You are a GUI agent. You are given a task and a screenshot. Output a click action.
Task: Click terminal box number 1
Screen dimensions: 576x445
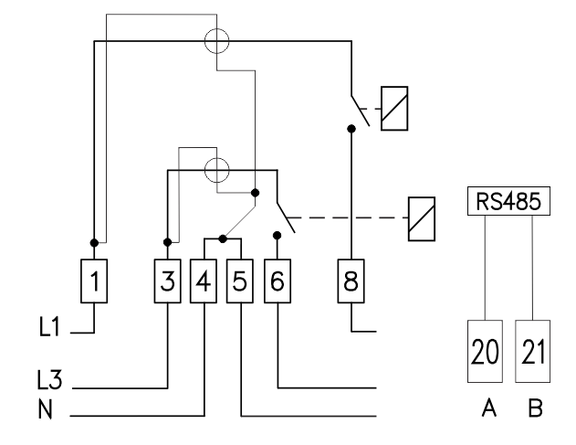pyautogui.click(x=94, y=281)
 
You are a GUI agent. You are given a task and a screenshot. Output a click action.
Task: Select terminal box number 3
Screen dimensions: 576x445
pyautogui.click(x=168, y=281)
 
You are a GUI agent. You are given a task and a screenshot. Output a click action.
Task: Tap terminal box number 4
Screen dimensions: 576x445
pyautogui.click(x=204, y=281)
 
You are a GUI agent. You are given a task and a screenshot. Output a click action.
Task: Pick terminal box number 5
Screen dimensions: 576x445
pyautogui.click(x=240, y=281)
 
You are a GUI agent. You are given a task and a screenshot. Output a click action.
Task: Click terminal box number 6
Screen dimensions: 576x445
pyautogui.click(x=278, y=281)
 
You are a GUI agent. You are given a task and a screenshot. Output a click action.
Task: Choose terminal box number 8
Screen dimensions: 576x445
pyautogui.click(x=351, y=281)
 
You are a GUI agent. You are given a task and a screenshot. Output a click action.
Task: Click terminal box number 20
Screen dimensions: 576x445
pyautogui.click(x=485, y=351)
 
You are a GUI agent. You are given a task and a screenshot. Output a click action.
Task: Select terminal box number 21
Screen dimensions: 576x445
pyautogui.click(x=533, y=351)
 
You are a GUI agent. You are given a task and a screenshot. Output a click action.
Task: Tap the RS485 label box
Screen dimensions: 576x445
pyautogui.click(x=508, y=201)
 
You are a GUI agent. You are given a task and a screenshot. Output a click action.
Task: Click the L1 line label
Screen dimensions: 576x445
pyautogui.click(x=49, y=326)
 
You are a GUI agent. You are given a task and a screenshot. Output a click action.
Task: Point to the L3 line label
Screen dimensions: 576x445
pyautogui.click(x=49, y=379)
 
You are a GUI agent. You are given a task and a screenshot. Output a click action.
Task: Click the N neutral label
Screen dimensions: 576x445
pyautogui.click(x=45, y=409)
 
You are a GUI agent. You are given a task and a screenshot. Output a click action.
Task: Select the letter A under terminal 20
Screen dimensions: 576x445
pyautogui.click(x=489, y=408)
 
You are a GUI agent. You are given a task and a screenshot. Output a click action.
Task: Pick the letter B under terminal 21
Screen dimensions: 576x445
pyautogui.click(x=536, y=408)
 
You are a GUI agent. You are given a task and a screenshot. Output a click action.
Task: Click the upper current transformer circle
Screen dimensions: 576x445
pyautogui.click(x=216, y=28)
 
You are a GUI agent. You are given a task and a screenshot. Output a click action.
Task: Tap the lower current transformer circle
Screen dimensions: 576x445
pyautogui.click(x=216, y=158)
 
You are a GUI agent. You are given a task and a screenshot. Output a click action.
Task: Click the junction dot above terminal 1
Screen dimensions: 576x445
pyautogui.click(x=94, y=243)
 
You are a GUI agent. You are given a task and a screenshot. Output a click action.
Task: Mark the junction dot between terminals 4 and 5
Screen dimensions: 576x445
pyautogui.click(x=223, y=239)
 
